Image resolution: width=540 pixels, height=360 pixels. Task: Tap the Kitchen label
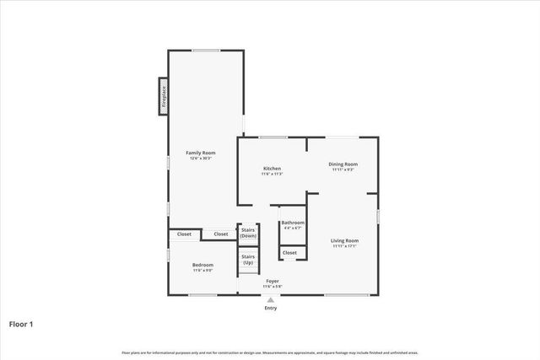(x=272, y=169)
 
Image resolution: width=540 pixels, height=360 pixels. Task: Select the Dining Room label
(x=343, y=164)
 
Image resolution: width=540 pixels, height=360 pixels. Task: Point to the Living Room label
(x=344, y=241)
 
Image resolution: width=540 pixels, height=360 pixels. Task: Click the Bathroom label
(x=293, y=223)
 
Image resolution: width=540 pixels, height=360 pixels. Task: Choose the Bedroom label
(x=202, y=265)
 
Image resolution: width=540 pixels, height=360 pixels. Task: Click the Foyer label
(x=273, y=281)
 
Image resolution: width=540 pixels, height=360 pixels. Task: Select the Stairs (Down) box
(x=248, y=233)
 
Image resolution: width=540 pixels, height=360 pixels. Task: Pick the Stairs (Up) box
(x=248, y=260)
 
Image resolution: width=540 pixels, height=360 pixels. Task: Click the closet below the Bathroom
(x=289, y=252)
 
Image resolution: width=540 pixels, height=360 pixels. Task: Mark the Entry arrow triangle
(x=270, y=299)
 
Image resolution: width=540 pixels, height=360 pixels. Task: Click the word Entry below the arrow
(x=270, y=308)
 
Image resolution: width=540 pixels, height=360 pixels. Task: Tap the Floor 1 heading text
(x=21, y=323)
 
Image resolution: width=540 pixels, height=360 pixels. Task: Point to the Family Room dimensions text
(x=200, y=158)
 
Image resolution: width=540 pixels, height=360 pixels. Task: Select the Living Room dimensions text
(x=344, y=247)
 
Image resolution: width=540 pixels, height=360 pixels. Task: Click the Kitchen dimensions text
(x=272, y=175)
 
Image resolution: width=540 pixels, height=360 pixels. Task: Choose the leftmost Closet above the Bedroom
(x=184, y=234)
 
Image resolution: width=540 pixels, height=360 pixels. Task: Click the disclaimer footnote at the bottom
(x=270, y=352)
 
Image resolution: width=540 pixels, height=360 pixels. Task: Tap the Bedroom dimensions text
(x=202, y=271)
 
